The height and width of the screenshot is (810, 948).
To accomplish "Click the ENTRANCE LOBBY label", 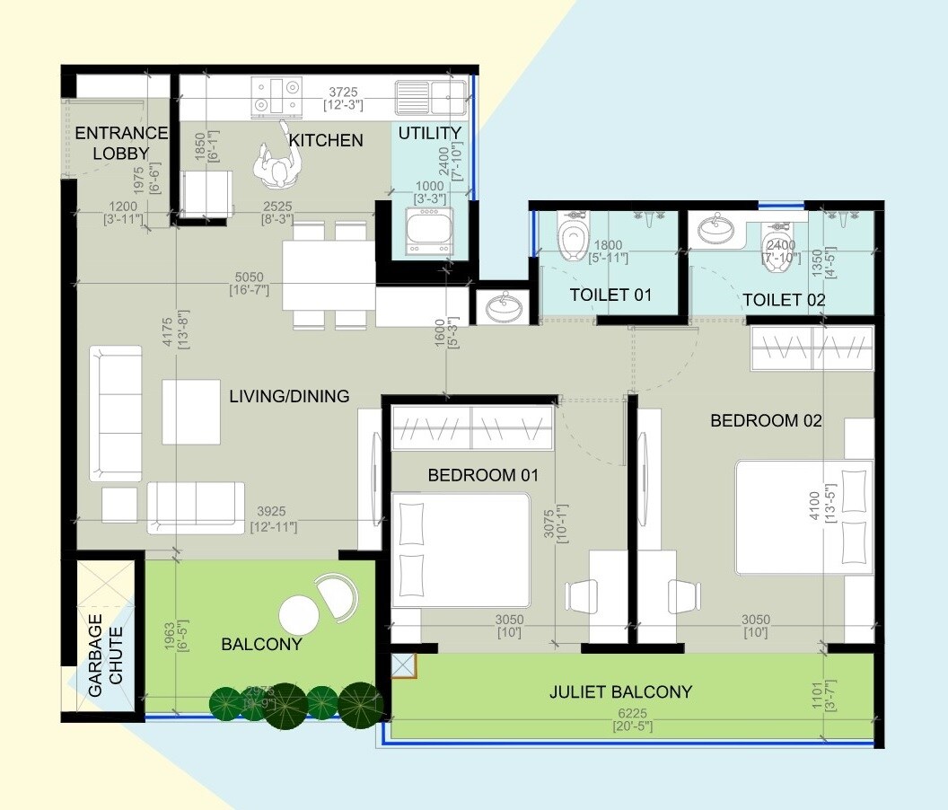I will (120, 143).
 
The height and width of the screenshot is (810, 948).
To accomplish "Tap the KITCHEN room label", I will (326, 140).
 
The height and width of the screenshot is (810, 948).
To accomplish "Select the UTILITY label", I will (429, 133).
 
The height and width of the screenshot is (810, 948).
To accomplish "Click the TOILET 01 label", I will (610, 295).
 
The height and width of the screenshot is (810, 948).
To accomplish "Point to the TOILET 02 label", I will (784, 299).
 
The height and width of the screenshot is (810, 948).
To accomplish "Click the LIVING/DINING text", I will (289, 396).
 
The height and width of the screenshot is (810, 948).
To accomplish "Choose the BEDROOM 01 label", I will (484, 475).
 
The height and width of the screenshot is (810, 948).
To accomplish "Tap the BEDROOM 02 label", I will (766, 420).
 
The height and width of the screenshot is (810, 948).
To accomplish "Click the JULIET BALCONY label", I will (620, 691).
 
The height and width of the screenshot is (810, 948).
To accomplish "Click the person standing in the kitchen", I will (279, 164).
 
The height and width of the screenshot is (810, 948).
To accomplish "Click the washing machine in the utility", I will (426, 233).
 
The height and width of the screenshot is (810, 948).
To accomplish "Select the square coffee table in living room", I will (191, 411).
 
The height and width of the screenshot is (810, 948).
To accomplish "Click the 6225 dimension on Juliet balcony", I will (632, 717).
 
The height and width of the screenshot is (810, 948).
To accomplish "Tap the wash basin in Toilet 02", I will (715, 230).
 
